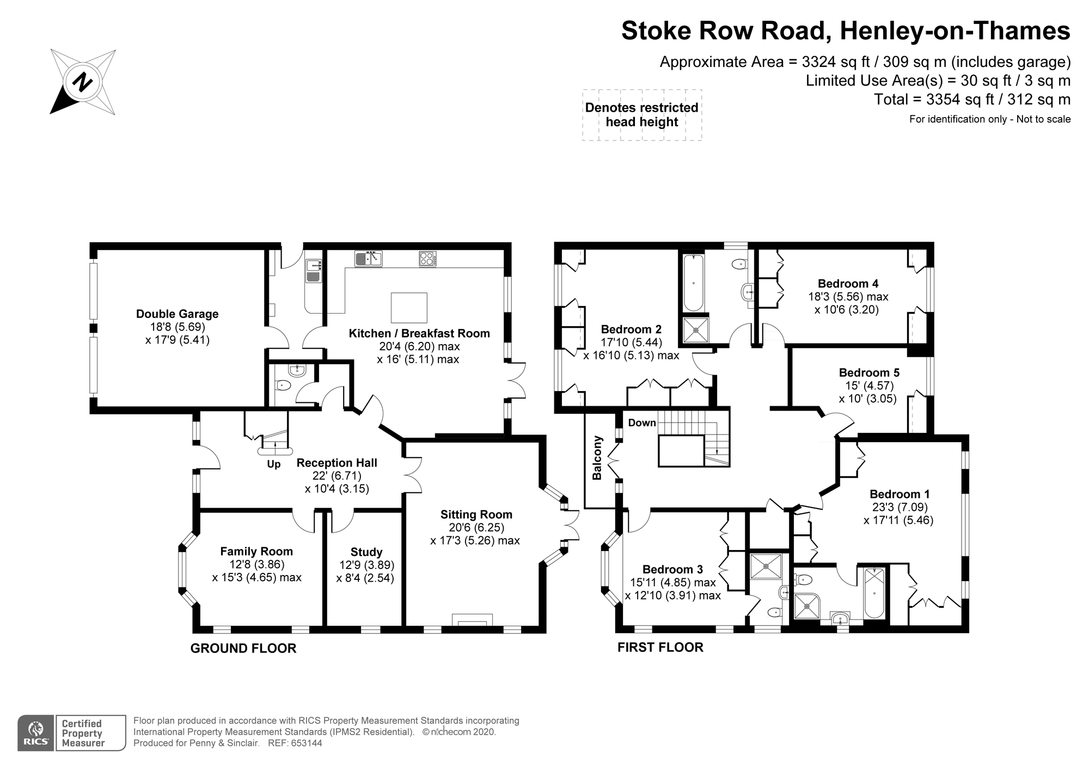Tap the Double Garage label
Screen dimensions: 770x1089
click(177, 314)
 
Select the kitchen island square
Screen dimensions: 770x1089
click(409, 308)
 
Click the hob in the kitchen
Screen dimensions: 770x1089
click(427, 258)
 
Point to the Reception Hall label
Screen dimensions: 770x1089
click(337, 463)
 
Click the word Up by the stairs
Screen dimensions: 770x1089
click(273, 465)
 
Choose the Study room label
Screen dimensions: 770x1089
click(366, 552)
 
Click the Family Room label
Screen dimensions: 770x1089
click(256, 551)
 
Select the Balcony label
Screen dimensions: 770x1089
click(597, 465)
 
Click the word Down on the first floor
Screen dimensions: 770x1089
click(642, 423)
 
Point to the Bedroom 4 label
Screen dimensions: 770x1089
click(848, 283)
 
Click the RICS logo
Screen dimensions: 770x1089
click(35, 733)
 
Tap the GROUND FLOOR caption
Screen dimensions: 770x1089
click(243, 648)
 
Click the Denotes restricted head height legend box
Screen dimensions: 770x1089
click(641, 115)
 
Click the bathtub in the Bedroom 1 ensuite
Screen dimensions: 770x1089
click(874, 592)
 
